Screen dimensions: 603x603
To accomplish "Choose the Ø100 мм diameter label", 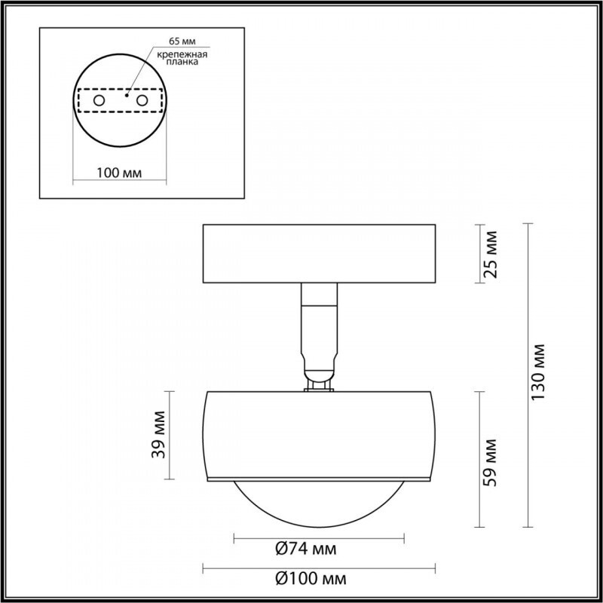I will (311, 579).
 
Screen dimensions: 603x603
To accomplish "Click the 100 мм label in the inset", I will (120, 173).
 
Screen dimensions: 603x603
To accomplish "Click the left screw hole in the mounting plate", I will (99, 100).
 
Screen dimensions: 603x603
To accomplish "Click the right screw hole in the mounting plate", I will (142, 100).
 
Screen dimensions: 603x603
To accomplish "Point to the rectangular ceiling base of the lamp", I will (319, 253).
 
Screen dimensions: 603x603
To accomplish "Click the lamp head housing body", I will (319, 434).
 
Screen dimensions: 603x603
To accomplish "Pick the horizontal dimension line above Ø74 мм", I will (319, 538).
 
